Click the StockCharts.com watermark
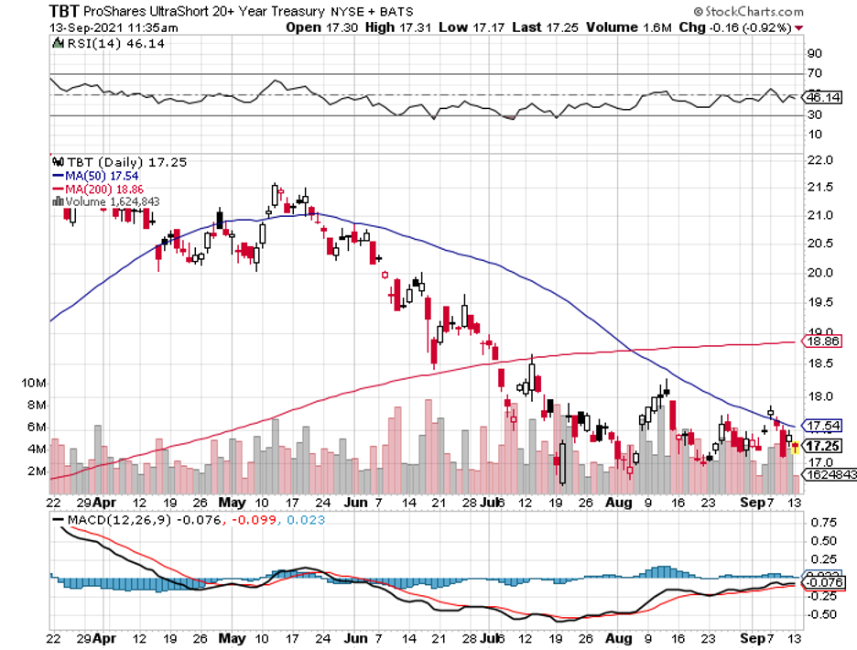(749, 12)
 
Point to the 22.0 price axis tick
(819, 160)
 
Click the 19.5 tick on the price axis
(819, 302)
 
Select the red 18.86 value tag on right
(819, 341)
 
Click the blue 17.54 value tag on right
(819, 426)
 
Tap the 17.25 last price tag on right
(819, 446)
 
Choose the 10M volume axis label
(35, 382)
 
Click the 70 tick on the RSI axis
(813, 73)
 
